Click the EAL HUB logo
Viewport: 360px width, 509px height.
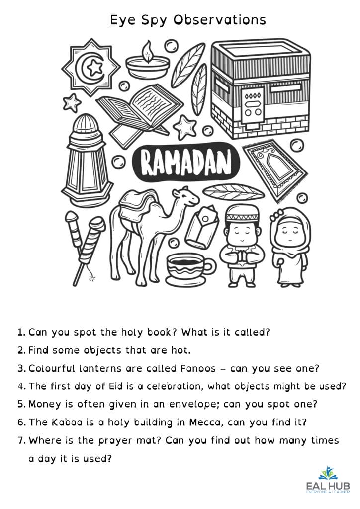pos(327,481)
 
